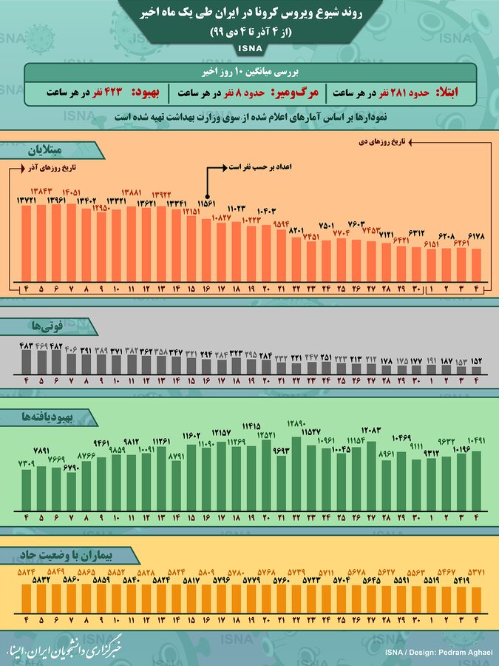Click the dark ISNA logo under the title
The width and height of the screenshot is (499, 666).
click(249, 49)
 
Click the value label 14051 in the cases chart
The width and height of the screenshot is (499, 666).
click(72, 192)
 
